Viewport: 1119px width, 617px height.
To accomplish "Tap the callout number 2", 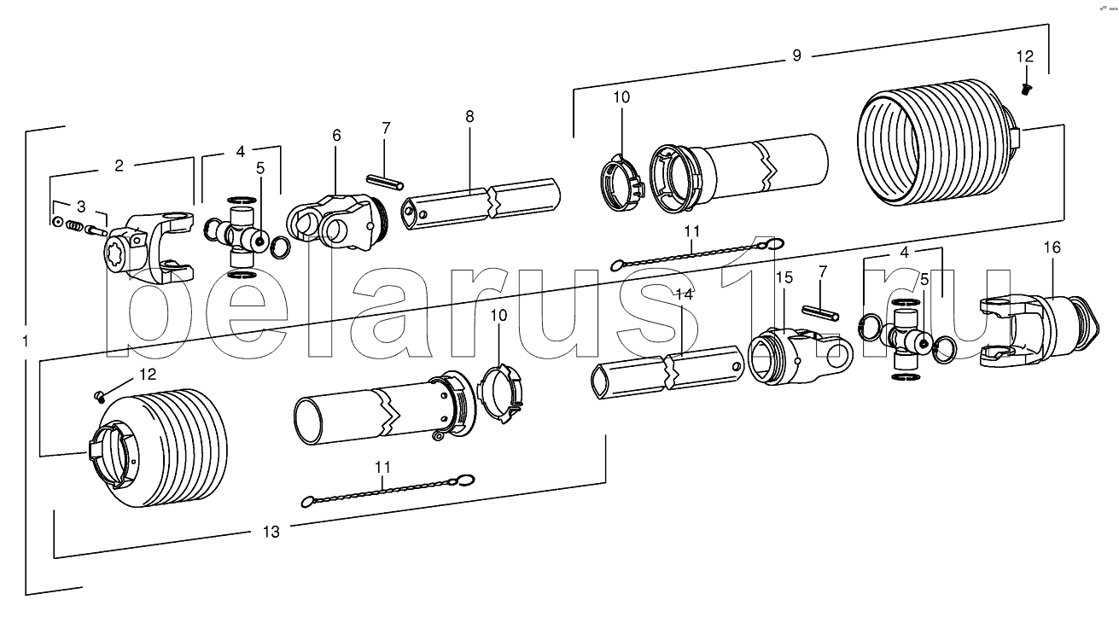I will [119, 166].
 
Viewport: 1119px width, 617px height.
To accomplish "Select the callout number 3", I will [80, 207].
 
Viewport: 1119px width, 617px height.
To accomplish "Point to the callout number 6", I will [336, 137].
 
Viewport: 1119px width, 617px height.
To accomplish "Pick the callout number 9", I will [796, 56].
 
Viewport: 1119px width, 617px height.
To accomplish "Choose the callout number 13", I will [271, 532].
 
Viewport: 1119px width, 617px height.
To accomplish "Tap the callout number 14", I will [683, 294].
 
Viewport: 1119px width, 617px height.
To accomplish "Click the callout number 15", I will [784, 277].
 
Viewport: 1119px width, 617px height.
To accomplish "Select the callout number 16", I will [1052, 247].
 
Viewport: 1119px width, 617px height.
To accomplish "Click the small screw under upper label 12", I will [1027, 90].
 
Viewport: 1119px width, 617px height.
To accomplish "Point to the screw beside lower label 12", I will [99, 395].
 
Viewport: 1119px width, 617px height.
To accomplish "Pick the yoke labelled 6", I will [334, 220].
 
